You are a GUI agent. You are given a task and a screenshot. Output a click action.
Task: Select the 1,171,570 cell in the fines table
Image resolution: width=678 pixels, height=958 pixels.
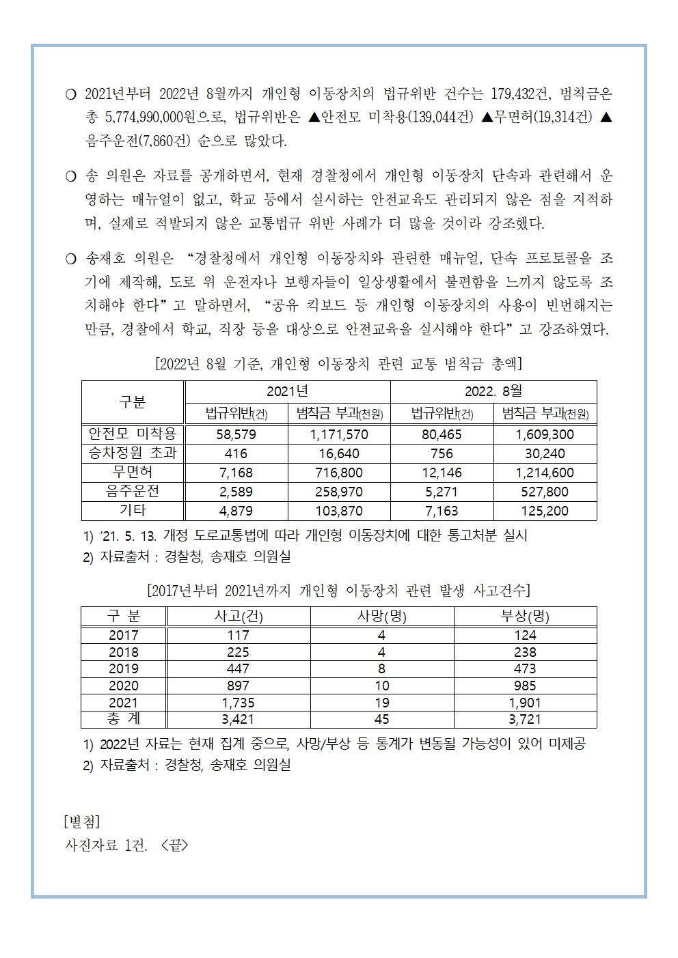pyautogui.click(x=339, y=434)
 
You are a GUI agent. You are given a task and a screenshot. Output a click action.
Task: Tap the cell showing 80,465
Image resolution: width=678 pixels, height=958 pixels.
pyautogui.click(x=442, y=434)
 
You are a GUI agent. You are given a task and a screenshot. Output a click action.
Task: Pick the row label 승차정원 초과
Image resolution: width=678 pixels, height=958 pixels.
pyautogui.click(x=133, y=453)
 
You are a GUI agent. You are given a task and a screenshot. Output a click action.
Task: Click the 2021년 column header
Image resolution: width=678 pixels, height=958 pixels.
pyautogui.click(x=287, y=391)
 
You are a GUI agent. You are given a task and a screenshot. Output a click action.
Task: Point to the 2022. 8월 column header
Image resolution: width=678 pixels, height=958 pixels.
pyautogui.click(x=493, y=391)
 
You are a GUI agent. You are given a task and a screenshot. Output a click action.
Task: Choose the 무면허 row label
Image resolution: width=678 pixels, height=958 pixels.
pyautogui.click(x=133, y=472)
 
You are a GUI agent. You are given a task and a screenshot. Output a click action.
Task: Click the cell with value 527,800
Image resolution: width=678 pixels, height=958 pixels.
pyautogui.click(x=545, y=492)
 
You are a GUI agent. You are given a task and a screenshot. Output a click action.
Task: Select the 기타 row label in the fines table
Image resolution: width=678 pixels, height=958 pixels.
pyautogui.click(x=133, y=510)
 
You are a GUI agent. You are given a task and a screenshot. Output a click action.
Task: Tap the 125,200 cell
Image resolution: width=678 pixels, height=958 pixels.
pyautogui.click(x=545, y=511)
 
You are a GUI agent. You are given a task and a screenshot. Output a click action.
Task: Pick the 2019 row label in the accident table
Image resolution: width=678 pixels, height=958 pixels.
pyautogui.click(x=124, y=668)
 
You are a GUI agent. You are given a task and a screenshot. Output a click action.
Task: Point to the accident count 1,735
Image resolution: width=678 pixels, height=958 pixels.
pyautogui.click(x=238, y=703)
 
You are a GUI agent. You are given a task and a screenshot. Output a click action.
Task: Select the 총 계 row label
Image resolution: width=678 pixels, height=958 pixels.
pyautogui.click(x=124, y=719)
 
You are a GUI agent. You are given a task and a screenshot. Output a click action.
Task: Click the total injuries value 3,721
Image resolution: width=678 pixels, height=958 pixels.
pyautogui.click(x=525, y=719)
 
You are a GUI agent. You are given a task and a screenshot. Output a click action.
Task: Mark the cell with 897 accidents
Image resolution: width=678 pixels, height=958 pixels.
pyautogui.click(x=238, y=686)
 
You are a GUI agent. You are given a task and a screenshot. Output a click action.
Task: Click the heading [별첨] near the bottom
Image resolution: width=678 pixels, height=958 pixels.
pyautogui.click(x=81, y=820)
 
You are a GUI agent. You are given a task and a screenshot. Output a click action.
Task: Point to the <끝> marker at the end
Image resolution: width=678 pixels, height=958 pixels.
pyautogui.click(x=174, y=845)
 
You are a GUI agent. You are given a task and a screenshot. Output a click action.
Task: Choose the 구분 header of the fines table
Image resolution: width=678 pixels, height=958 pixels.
pyautogui.click(x=133, y=402)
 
